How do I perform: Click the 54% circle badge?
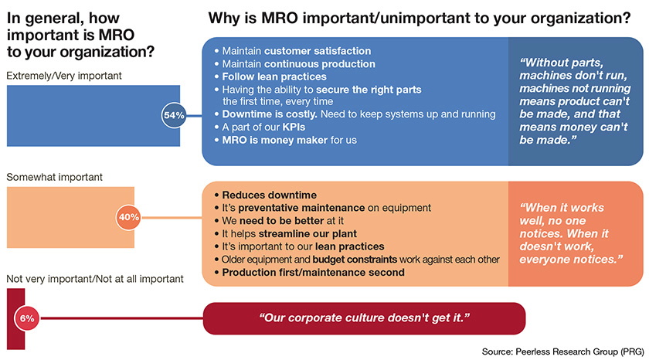click(x=173, y=115)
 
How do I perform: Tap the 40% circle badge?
click(x=128, y=217)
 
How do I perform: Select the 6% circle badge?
click(x=26, y=318)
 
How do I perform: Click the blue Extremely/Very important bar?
click(x=85, y=115)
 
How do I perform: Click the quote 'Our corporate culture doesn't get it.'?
click(x=363, y=318)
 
